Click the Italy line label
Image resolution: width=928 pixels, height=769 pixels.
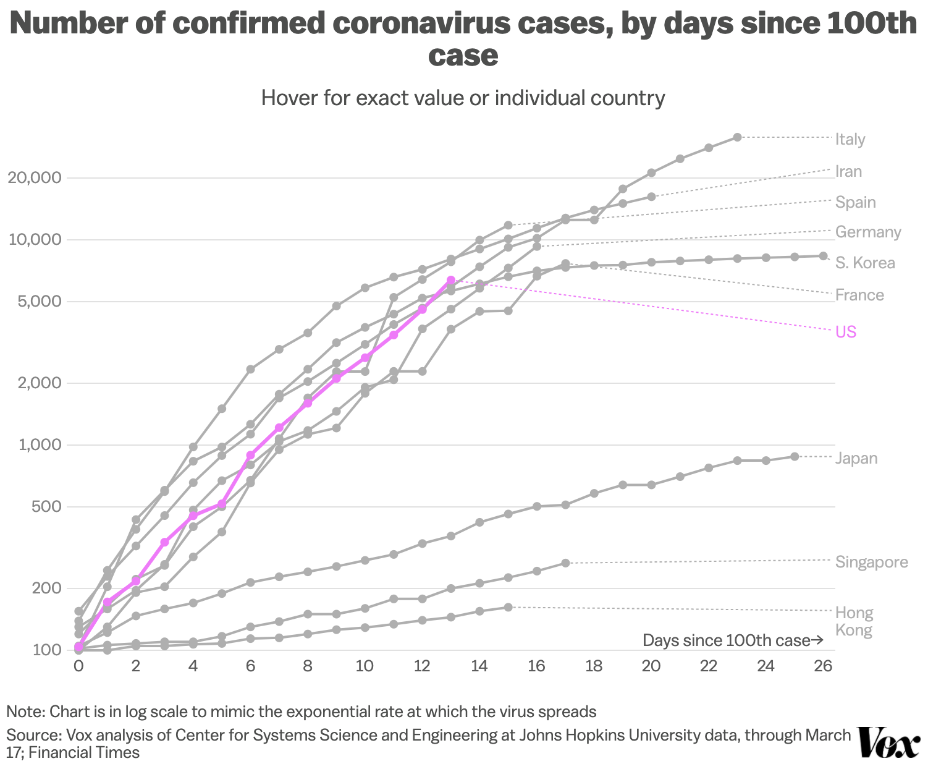(850, 139)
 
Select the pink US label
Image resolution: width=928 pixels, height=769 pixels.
(846, 332)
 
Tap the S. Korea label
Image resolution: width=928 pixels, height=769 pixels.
(865, 263)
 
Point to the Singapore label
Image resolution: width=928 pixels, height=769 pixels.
(872, 562)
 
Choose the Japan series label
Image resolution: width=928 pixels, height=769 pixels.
(856, 458)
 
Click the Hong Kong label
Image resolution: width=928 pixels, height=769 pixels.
(854, 621)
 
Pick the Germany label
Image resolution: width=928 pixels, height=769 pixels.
(868, 232)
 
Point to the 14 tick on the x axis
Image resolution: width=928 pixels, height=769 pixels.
(479, 666)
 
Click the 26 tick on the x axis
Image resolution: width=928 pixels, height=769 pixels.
(823, 666)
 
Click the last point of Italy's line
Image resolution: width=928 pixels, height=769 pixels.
(737, 137)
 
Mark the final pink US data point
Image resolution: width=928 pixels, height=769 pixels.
(451, 280)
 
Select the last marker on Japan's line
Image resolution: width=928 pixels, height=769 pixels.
(795, 456)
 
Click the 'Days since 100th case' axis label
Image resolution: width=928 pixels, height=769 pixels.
(732, 640)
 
